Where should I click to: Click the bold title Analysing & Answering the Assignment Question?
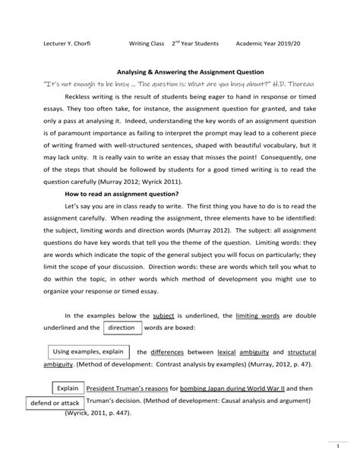(x=180, y=67)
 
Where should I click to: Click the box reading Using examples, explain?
(x=88, y=352)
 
